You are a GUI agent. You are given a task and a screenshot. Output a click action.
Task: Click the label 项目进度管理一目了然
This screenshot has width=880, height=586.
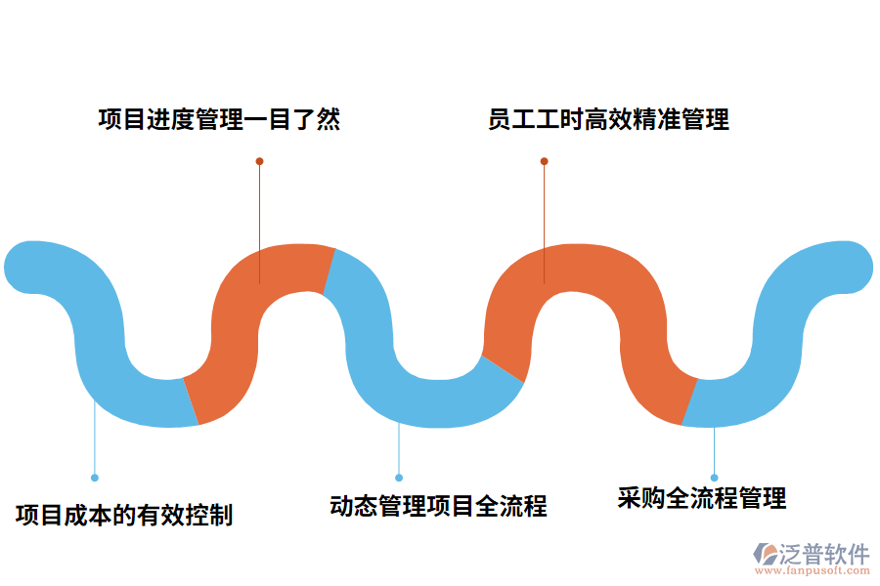point(219,120)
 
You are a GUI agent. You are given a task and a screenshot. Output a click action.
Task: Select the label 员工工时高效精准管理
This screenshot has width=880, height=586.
point(608,120)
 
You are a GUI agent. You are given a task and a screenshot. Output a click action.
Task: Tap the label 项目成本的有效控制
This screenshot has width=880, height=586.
point(124,514)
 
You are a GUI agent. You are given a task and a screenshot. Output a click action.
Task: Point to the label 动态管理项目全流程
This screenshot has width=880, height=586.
point(438,506)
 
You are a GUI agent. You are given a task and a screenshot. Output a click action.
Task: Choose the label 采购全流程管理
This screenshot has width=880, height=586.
point(702,498)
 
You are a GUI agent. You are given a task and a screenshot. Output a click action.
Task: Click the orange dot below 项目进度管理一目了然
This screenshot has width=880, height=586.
point(259,161)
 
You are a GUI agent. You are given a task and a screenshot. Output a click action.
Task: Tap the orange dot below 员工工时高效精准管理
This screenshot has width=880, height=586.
point(545,161)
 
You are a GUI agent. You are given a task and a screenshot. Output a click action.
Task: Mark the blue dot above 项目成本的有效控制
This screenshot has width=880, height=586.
point(95,478)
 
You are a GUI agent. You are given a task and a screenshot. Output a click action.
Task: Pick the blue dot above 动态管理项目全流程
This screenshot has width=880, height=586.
point(399,478)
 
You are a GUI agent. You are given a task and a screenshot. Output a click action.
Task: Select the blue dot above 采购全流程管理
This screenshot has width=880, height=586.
point(714,478)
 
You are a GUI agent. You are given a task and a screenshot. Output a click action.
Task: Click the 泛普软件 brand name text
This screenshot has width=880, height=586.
point(824,555)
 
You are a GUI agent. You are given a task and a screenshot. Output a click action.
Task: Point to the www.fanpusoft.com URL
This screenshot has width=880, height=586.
point(811,573)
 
